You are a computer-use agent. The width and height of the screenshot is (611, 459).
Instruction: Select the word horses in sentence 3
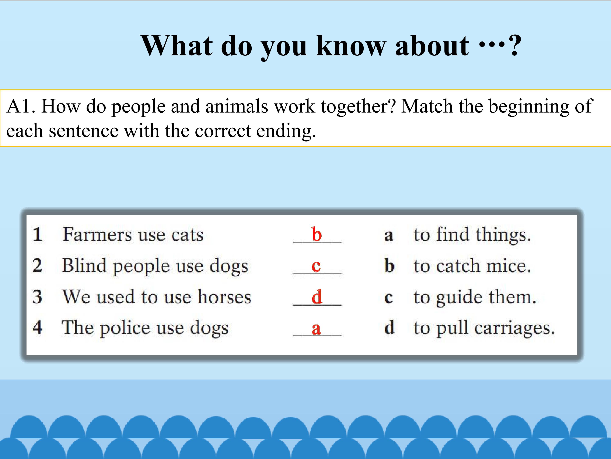[224, 297]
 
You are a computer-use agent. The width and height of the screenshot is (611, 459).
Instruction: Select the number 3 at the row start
[37, 297]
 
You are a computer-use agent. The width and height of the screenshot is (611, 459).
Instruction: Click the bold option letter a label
[388, 236]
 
